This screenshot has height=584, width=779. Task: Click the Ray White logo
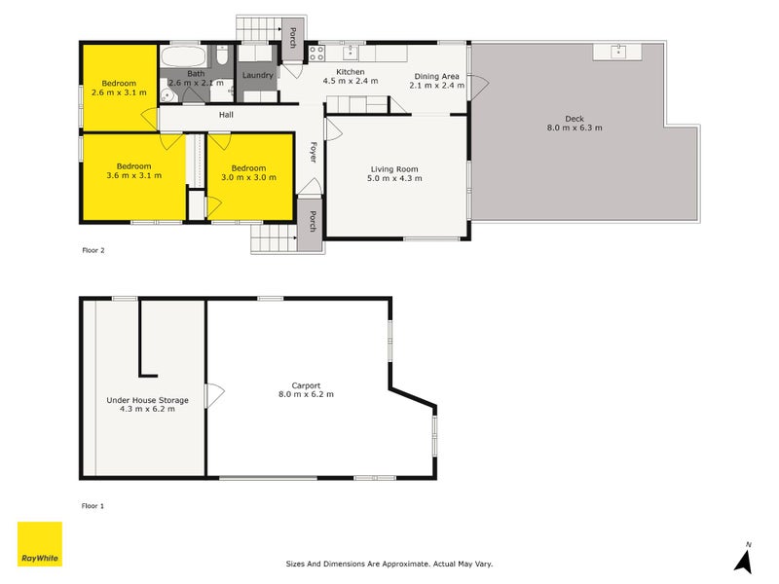click(x=40, y=544)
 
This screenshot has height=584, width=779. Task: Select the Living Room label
click(x=392, y=169)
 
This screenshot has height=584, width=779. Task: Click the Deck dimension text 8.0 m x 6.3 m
click(x=575, y=128)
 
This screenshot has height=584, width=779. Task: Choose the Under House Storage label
click(x=147, y=400)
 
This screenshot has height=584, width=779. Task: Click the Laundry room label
click(x=258, y=75)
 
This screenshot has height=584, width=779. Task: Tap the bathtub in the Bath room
click(x=182, y=55)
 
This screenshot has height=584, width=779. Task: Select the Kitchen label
click(x=350, y=72)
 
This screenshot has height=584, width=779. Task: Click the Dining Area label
click(x=436, y=76)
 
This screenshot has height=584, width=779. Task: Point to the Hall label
click(x=226, y=115)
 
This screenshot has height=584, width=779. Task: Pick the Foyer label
click(x=314, y=152)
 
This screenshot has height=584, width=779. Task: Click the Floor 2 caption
click(x=93, y=250)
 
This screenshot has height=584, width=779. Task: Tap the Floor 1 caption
click(x=93, y=506)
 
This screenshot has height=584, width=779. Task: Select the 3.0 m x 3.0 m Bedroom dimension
click(x=249, y=177)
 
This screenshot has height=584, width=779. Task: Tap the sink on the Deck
click(x=618, y=51)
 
